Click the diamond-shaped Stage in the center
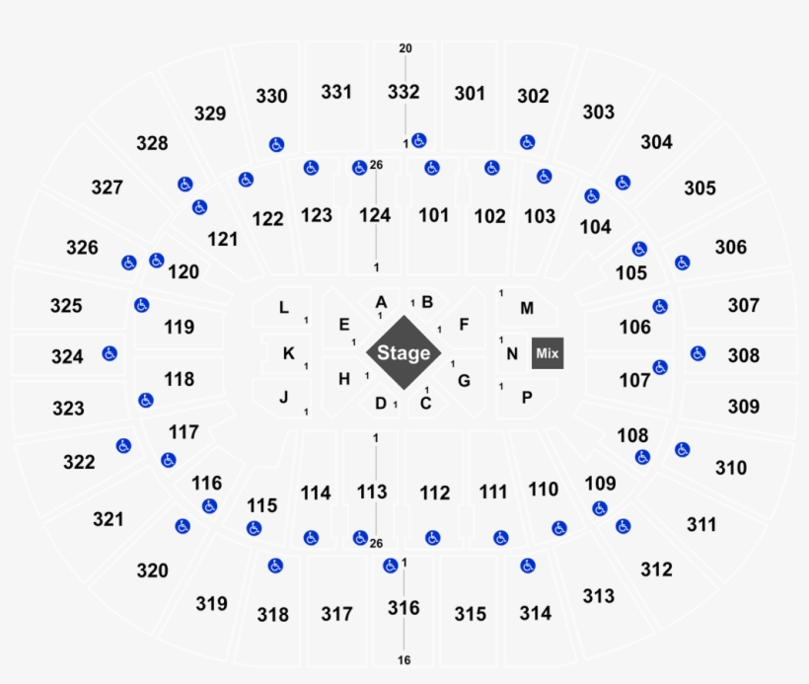[404, 352]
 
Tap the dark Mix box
[548, 353]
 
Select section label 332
[404, 92]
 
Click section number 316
[404, 608]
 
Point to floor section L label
[284, 308]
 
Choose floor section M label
[527, 308]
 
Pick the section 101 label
[433, 215]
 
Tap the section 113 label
[372, 492]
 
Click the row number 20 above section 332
[405, 48]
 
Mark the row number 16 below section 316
[404, 660]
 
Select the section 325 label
[66, 306]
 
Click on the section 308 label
[744, 355]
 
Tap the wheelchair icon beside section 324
[110, 353]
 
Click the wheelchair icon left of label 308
[699, 353]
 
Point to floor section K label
[289, 353]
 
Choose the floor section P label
[527, 398]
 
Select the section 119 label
[179, 327]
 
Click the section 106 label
[634, 327]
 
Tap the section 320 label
[152, 570]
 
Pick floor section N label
[512, 353]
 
